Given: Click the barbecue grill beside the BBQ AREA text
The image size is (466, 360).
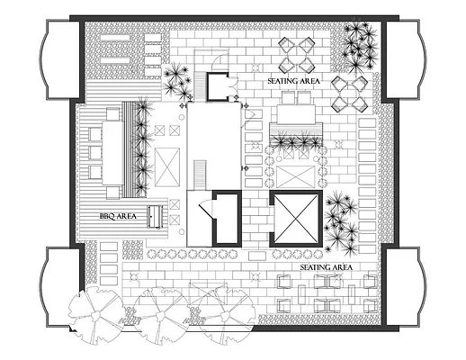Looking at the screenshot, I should coord(157,216).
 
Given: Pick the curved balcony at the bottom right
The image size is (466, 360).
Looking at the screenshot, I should coord(404,288).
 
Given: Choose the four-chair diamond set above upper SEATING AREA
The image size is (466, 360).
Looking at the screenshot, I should coord(298,53).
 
